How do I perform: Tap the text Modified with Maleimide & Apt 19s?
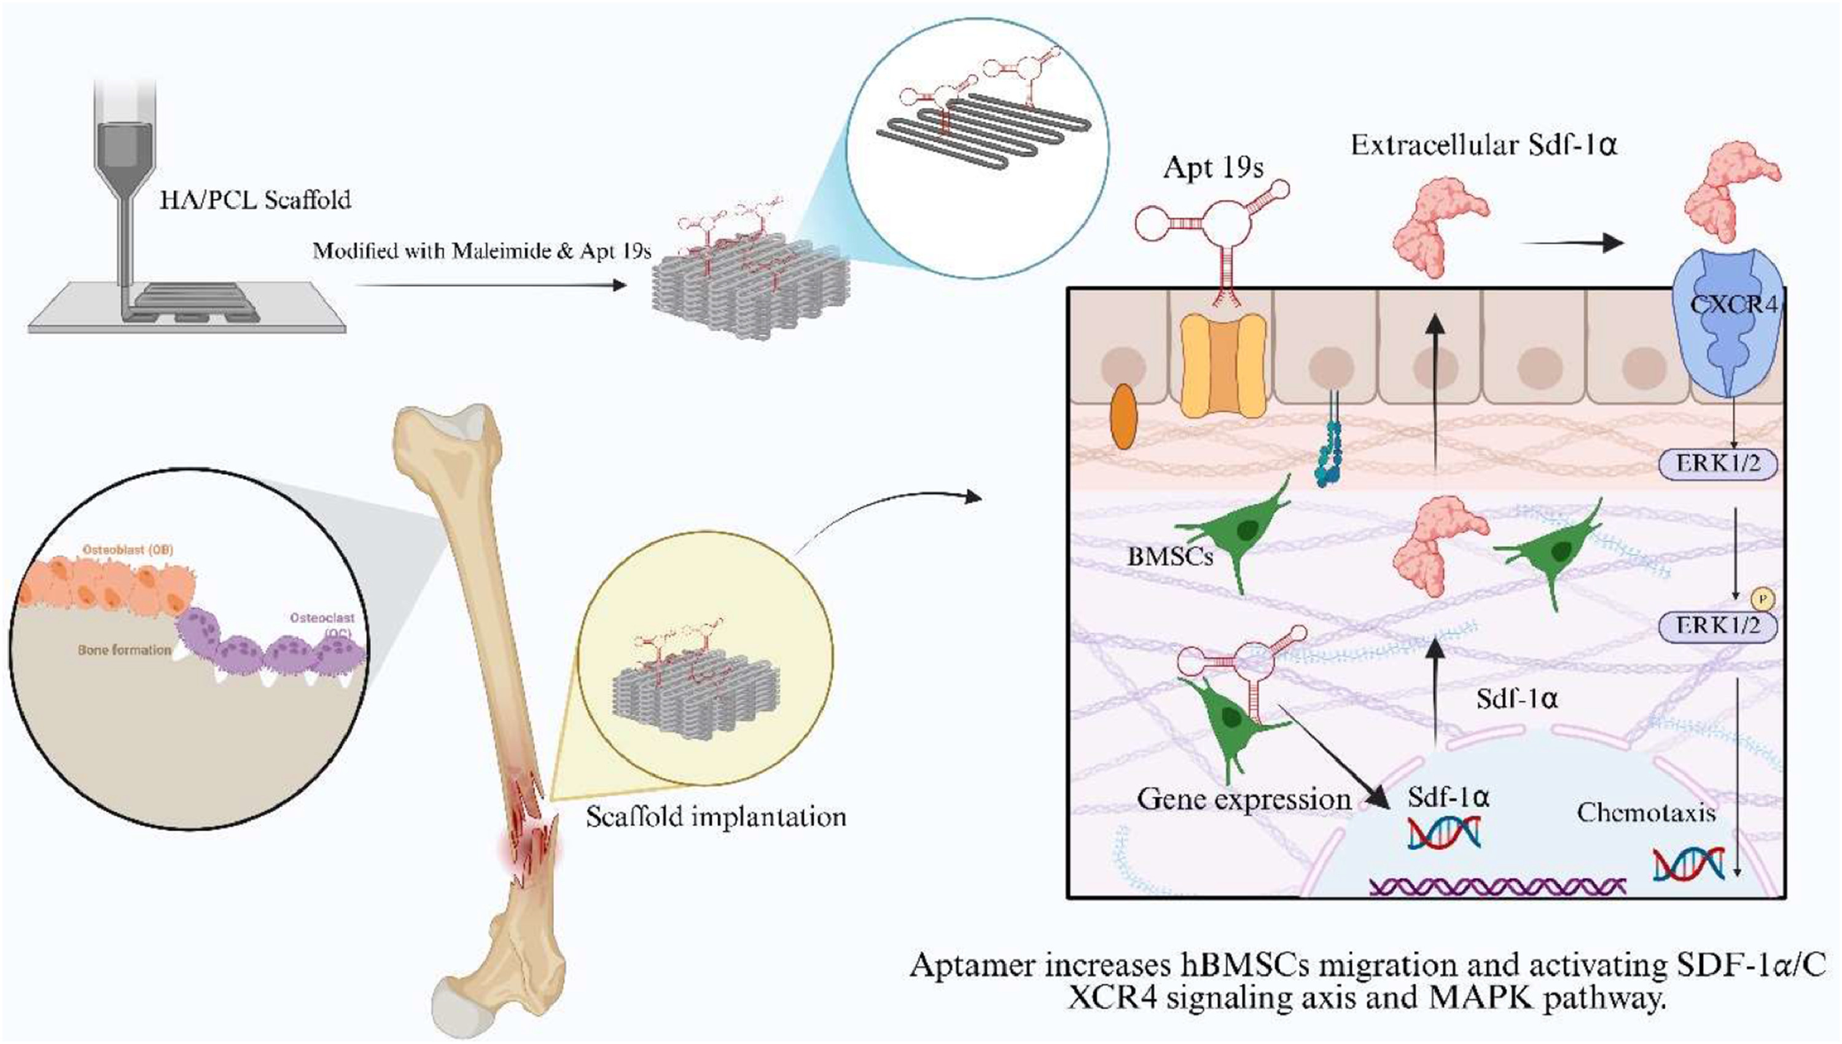click(x=482, y=251)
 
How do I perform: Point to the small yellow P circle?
click(x=1762, y=597)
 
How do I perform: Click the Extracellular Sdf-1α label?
click(x=1484, y=146)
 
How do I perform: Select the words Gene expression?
click(x=1244, y=799)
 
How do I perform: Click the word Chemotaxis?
click(x=1646, y=812)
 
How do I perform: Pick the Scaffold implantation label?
click(x=716, y=817)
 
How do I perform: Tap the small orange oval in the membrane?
click(x=1123, y=417)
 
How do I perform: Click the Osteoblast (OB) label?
click(x=128, y=550)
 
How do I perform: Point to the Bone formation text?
click(x=125, y=650)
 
